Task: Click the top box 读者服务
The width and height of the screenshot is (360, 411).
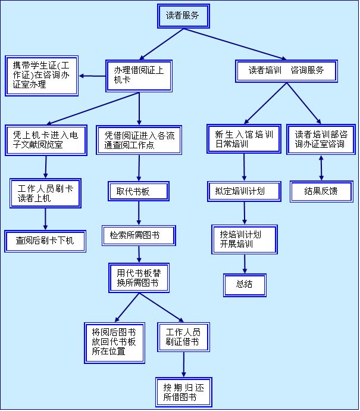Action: tap(184, 16)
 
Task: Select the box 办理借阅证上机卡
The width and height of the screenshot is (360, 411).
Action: tap(139, 75)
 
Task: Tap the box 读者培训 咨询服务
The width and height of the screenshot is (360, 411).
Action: tap(286, 71)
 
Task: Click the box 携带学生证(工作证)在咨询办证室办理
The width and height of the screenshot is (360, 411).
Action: tap(41, 75)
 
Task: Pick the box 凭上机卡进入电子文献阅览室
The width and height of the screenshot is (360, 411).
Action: tap(45, 140)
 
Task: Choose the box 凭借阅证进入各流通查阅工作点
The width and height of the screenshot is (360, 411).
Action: tap(139, 140)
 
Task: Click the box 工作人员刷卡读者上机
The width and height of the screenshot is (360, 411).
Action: tap(45, 193)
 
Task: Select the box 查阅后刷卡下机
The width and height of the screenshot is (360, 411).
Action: tap(45, 241)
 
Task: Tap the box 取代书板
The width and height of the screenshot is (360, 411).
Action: tap(138, 192)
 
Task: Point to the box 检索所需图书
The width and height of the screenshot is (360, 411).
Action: tap(139, 235)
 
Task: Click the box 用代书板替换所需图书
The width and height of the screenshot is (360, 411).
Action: tap(138, 278)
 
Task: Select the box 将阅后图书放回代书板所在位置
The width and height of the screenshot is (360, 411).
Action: tap(114, 342)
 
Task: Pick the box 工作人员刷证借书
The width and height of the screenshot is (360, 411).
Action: tap(183, 337)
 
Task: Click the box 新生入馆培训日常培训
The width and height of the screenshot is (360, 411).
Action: tap(244, 140)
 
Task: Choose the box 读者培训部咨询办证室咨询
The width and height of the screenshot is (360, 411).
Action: tap(320, 140)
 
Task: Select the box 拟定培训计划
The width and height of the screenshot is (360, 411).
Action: tap(244, 191)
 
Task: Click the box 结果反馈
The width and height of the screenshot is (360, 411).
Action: tap(321, 191)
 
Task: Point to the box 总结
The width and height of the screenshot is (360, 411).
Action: tap(244, 285)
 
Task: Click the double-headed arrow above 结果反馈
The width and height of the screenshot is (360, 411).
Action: tap(321, 168)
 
